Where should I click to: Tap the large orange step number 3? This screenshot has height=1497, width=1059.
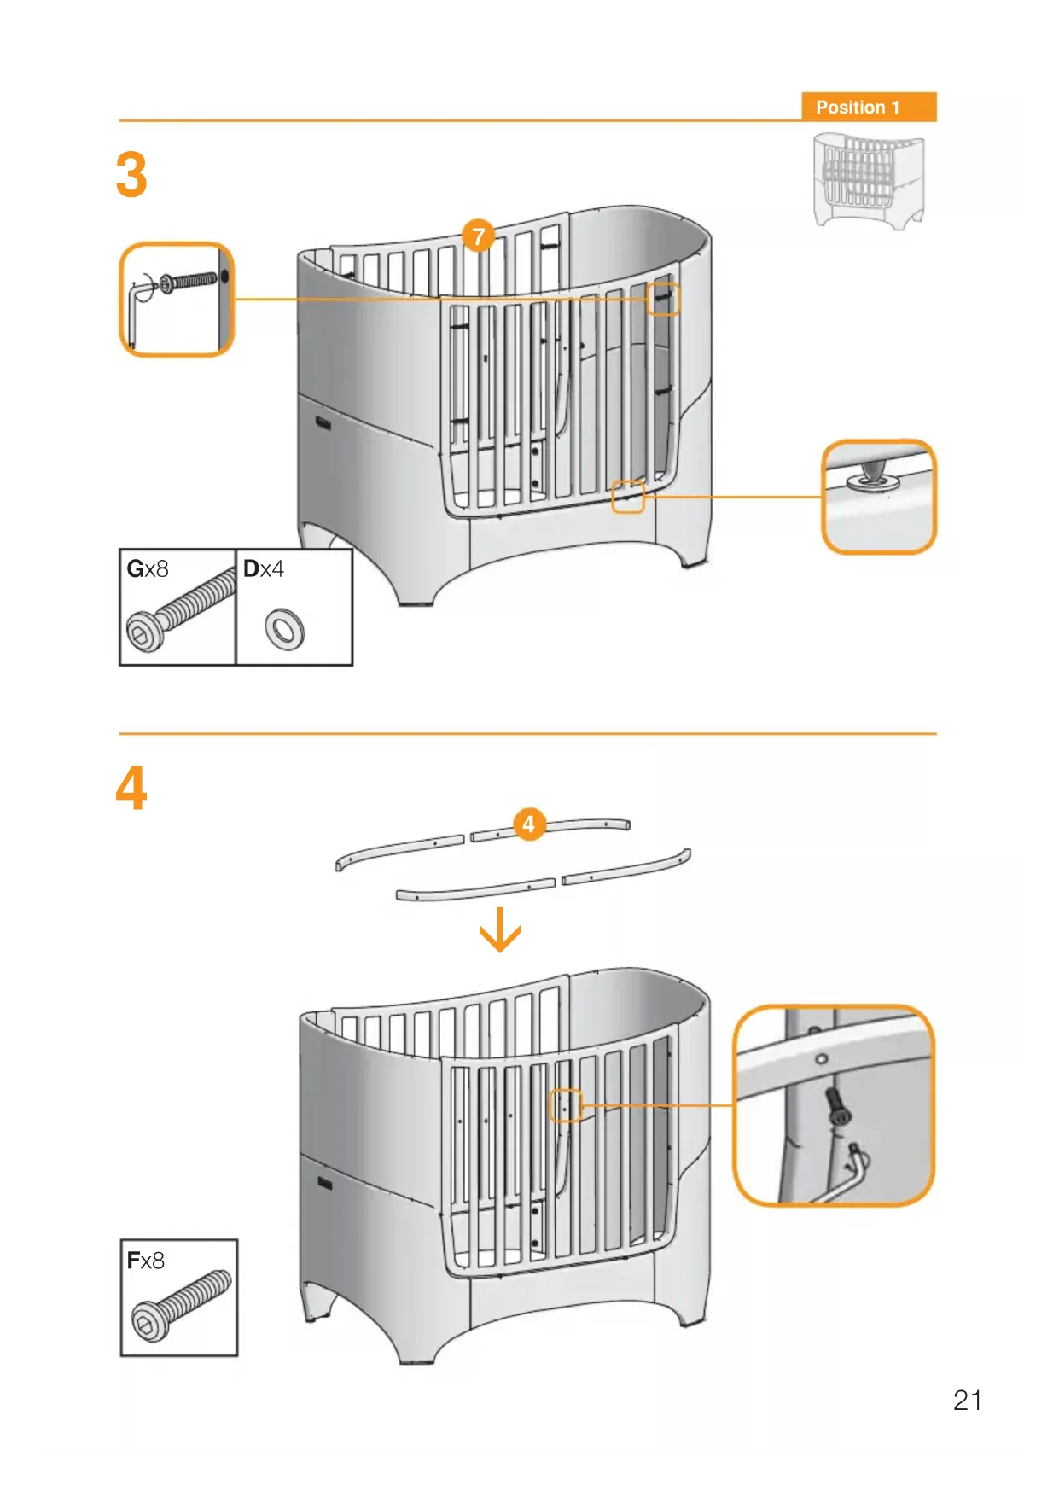coord(131,175)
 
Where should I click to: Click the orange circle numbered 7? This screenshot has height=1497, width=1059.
coord(478,236)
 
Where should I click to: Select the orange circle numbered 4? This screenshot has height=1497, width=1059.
coord(529,824)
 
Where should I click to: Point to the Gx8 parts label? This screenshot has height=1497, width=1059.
coord(148,569)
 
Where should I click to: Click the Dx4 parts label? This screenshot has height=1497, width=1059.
coord(264,569)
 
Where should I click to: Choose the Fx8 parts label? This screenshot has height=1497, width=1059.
coord(145,1261)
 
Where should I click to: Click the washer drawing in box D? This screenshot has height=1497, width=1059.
coord(284,629)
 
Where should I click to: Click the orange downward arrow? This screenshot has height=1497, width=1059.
coord(500,930)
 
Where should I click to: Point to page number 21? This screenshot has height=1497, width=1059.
coord(967,1401)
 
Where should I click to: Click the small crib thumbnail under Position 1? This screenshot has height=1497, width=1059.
coord(868,180)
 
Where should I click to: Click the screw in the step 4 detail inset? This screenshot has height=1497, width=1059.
coord(838,1108)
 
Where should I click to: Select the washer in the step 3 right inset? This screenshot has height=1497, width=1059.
coord(872,482)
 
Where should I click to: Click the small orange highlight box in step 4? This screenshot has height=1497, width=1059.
coord(565,1106)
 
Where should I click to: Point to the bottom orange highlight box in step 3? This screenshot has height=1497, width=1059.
coord(627,497)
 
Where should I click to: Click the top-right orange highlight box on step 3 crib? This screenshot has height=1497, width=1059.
coord(662,300)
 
